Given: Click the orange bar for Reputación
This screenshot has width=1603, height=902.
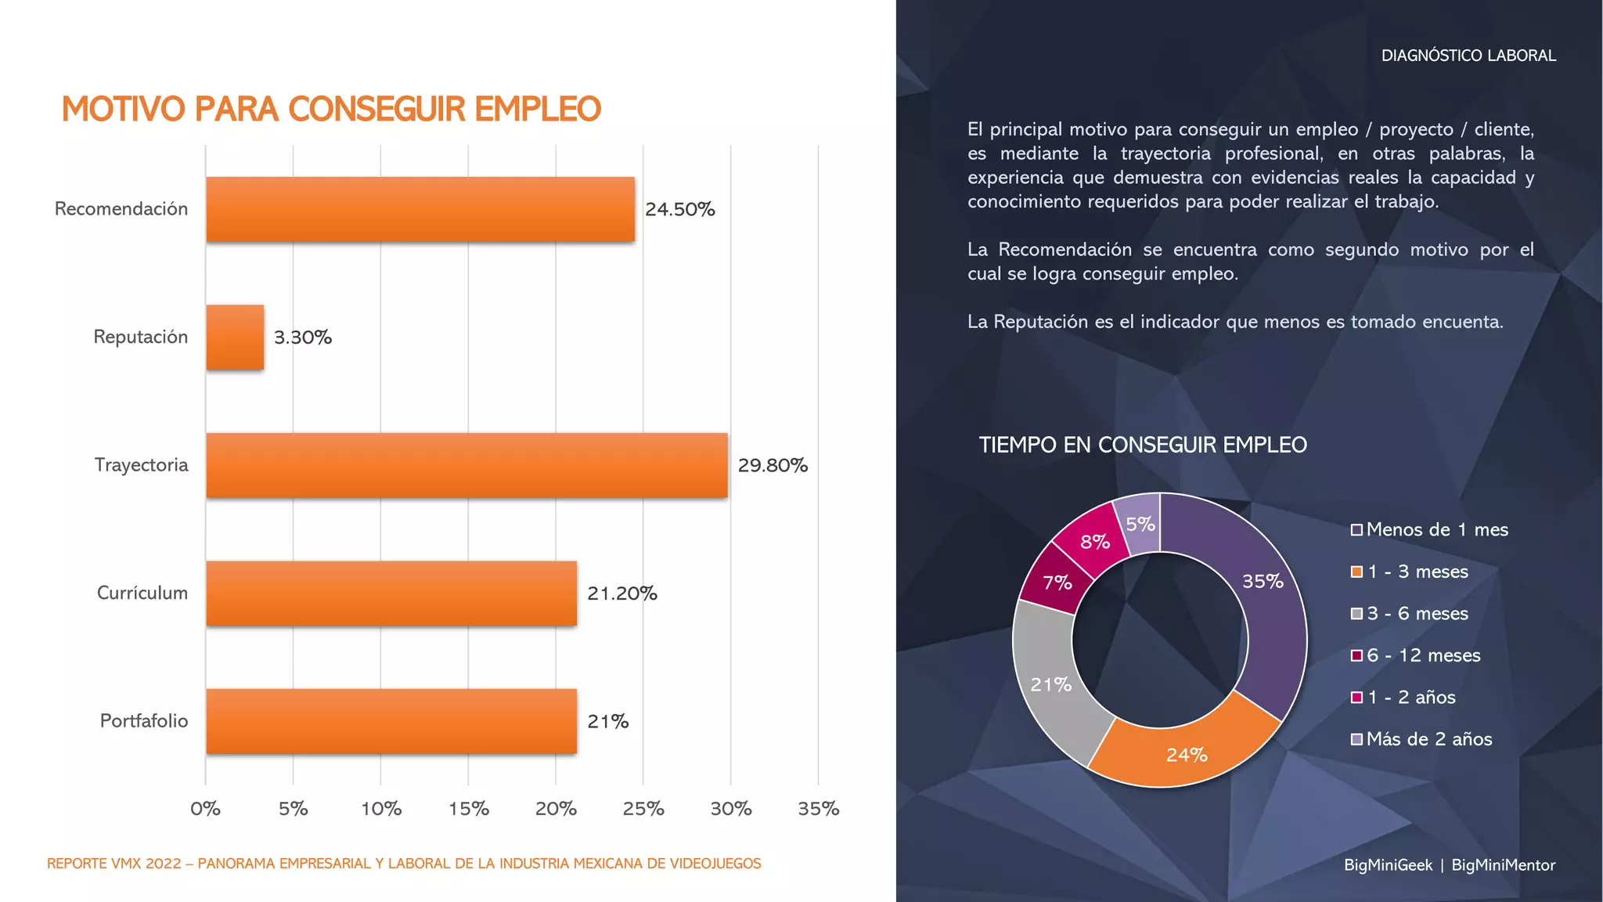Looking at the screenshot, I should click(235, 337).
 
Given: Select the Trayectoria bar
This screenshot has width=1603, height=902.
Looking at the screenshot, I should click(466, 465).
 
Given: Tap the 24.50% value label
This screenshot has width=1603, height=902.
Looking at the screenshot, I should click(679, 209).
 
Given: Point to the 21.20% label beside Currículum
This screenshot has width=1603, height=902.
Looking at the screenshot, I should click(621, 594).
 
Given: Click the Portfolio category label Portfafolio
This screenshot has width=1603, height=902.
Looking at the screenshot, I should click(143, 720).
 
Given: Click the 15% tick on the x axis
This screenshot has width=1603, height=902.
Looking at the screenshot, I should click(468, 809).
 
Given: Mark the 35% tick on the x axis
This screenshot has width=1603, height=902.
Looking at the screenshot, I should click(818, 809).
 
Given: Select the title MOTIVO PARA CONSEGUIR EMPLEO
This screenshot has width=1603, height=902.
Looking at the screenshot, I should click(331, 109).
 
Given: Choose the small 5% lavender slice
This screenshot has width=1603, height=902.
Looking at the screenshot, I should click(1140, 523).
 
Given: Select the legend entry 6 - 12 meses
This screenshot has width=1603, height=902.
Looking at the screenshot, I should click(1423, 655).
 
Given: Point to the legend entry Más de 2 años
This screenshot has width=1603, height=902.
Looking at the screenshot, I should click(1428, 739).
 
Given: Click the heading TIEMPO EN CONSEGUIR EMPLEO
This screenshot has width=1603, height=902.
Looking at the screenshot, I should click(1143, 445).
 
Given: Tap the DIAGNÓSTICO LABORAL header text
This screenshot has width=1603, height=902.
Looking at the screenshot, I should click(1468, 56).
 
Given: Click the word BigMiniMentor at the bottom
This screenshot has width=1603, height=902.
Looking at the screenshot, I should click(1503, 865).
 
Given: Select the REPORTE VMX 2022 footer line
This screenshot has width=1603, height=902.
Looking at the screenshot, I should click(404, 864).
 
